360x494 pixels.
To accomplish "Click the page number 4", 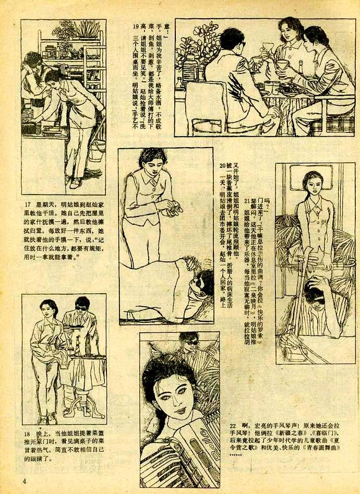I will pos(23,480).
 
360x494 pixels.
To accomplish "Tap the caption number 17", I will pos(28,204).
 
